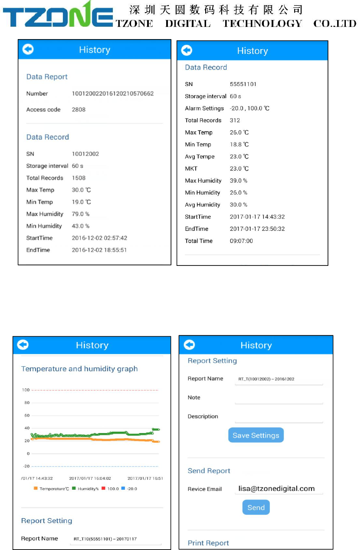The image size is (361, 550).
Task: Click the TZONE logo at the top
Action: pos(58,17)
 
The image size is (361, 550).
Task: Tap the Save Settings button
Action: pos(256,435)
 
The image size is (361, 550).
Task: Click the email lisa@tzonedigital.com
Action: pos(276,489)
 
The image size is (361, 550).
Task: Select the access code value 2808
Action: pos(79,109)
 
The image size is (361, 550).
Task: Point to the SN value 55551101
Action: pos(243,84)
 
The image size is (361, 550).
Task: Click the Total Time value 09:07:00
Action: pos(241,241)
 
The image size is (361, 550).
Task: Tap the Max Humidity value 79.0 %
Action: pos(81,214)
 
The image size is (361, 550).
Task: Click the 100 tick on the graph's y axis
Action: pos(26,390)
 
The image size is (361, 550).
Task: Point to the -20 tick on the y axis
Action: pos(26,466)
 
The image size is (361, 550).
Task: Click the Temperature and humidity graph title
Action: pos(79,369)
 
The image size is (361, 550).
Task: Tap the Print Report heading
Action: pos(208,543)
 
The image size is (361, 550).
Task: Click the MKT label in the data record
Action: pos(191,169)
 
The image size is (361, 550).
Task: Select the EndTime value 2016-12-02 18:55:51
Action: pos(99,250)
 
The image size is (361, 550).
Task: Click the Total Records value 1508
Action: pos(79,178)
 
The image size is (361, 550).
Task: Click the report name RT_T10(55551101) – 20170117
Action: pos(105,539)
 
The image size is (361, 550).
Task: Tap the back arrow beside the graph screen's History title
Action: pos(23,345)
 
